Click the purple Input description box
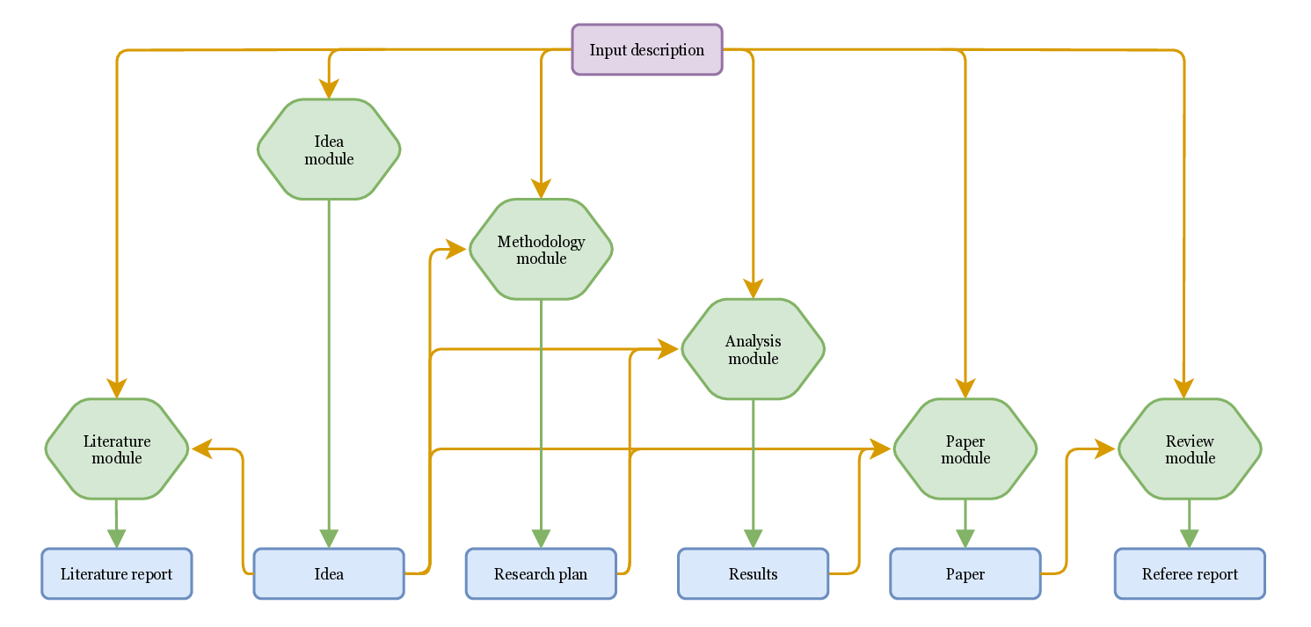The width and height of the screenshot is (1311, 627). (646, 50)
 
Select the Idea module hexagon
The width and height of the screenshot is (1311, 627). (329, 149)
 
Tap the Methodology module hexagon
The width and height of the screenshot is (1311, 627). (541, 250)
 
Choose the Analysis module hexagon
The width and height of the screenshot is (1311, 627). (753, 349)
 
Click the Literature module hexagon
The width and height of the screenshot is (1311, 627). (117, 449)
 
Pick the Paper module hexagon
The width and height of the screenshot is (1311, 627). (965, 449)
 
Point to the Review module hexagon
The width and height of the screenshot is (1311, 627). (1189, 449)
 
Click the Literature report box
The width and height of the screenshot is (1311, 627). (117, 574)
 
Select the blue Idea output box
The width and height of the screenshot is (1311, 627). (329, 574)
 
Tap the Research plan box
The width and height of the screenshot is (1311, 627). (541, 574)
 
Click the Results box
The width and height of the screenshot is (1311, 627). (753, 574)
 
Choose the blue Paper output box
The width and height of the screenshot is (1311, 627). (965, 574)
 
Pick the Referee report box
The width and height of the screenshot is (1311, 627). (1189, 574)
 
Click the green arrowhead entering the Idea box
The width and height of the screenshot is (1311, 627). (329, 538)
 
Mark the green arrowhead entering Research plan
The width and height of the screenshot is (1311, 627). (541, 538)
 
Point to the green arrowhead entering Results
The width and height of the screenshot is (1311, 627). (753, 538)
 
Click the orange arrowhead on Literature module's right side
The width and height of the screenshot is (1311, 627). (202, 449)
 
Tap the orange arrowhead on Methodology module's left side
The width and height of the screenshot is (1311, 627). (455, 250)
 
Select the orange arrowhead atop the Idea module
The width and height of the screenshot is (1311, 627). (329, 89)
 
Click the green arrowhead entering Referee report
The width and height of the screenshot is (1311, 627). (1189, 538)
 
